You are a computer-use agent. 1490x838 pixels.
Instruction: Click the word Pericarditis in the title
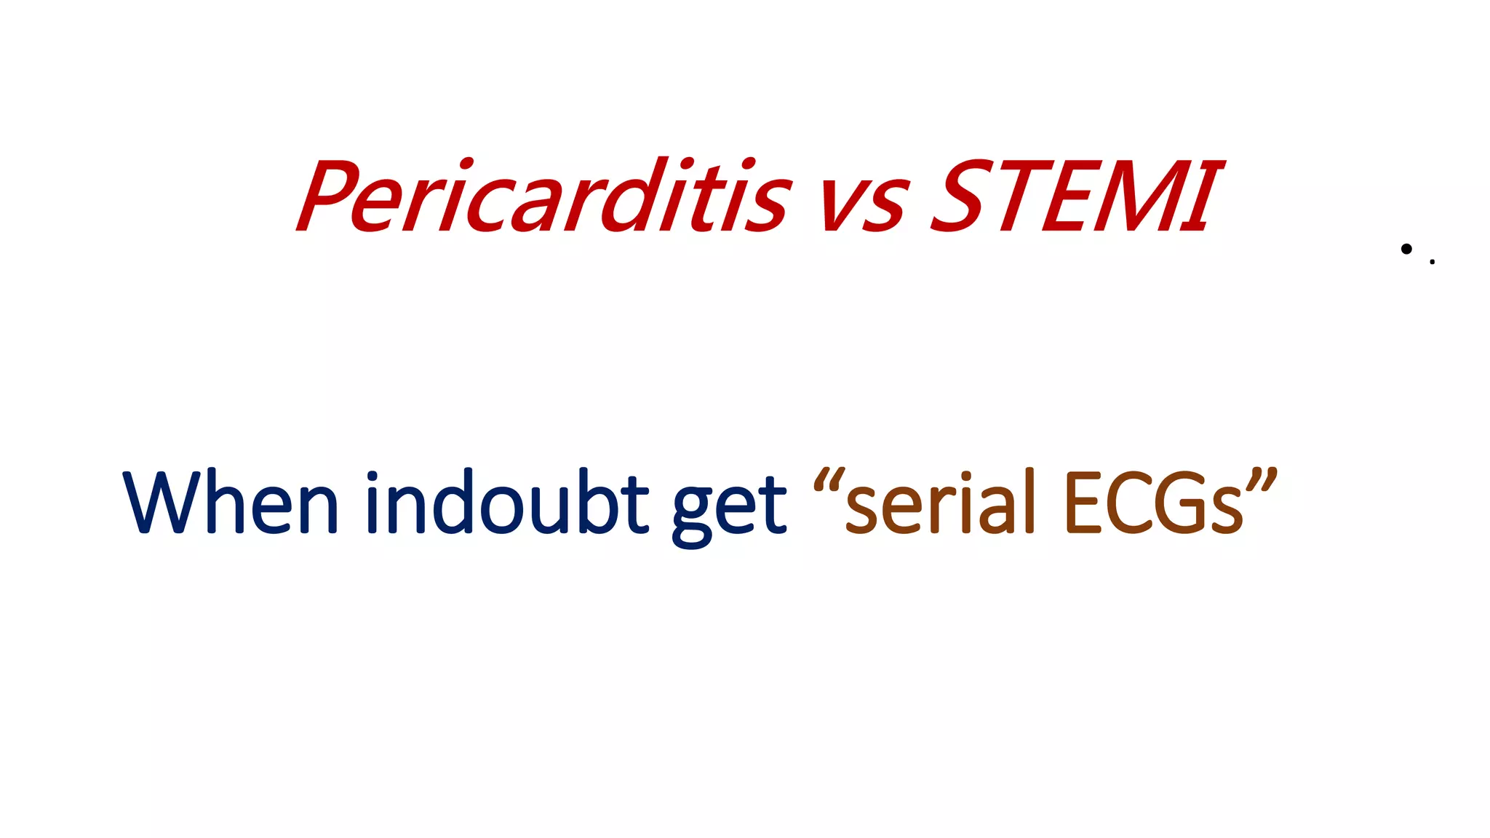click(542, 196)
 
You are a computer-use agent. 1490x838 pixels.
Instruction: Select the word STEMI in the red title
click(1077, 196)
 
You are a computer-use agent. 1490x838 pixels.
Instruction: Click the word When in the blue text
click(231, 503)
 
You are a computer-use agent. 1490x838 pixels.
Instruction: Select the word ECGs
click(1153, 503)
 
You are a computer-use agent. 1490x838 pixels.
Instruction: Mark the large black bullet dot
click(1406, 249)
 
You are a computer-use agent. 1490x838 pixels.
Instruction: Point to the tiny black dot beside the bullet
click(1432, 262)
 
